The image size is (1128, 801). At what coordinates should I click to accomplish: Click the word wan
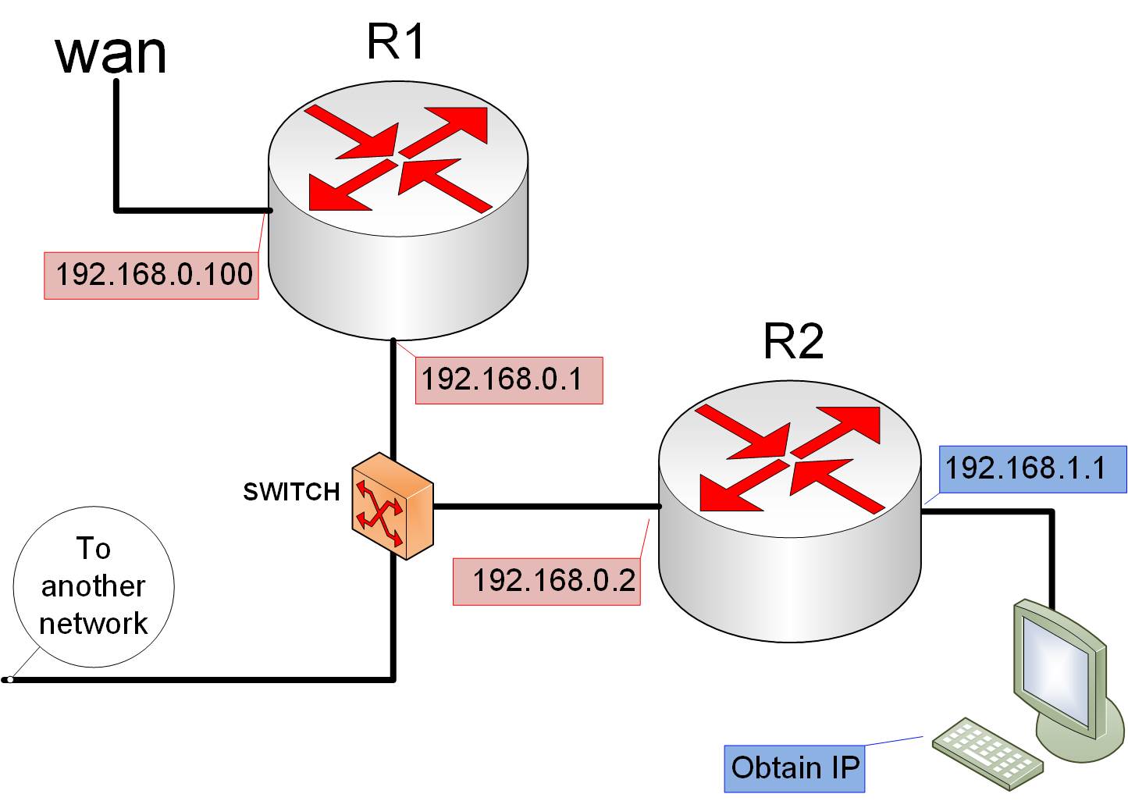click(112, 55)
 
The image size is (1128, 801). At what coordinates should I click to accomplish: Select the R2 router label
click(793, 341)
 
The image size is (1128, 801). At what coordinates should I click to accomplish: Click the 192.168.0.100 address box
click(151, 275)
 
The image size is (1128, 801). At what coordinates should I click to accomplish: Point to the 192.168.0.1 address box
click(509, 380)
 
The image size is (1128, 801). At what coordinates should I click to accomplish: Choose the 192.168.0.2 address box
click(546, 581)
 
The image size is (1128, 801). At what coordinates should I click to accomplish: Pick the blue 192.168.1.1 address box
click(1032, 469)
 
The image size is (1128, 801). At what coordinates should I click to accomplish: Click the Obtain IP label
click(795, 768)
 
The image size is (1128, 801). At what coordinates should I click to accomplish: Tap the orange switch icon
click(392, 506)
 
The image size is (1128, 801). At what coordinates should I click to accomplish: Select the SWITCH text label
click(291, 492)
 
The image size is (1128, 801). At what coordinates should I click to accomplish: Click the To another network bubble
click(94, 587)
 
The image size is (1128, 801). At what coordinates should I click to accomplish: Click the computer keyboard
click(987, 749)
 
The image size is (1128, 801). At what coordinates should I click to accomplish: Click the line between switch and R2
click(546, 507)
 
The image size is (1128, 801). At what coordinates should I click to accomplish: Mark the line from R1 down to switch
click(393, 398)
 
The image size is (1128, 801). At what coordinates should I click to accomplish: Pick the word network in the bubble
click(94, 624)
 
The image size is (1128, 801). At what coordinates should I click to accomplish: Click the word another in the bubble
click(94, 586)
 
